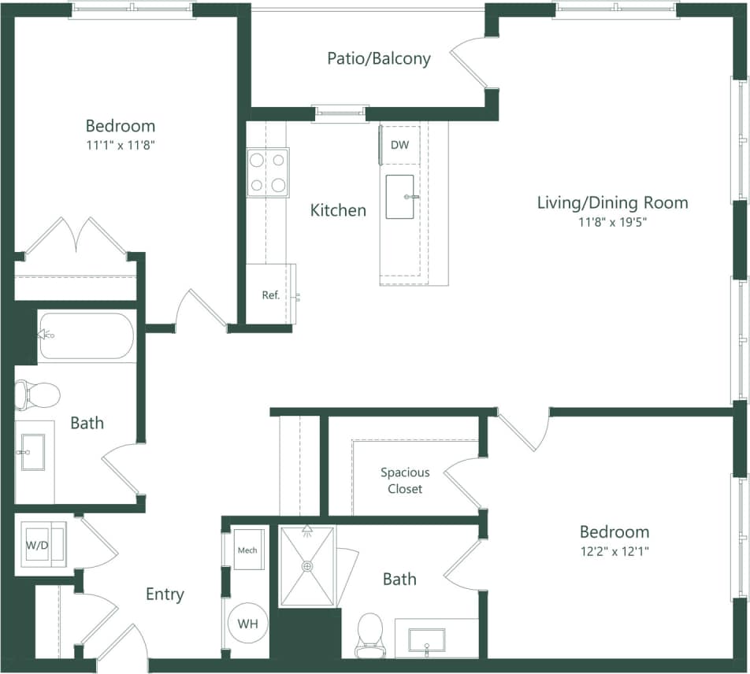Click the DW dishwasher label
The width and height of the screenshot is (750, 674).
point(399,145)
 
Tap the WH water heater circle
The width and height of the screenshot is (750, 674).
point(247,624)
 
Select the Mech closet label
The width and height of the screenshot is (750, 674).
point(247,550)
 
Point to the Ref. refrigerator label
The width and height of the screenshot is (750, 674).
point(271,295)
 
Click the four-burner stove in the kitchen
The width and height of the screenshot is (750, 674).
point(267,172)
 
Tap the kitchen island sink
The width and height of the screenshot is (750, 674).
point(403,197)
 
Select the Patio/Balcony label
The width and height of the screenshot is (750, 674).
point(379,58)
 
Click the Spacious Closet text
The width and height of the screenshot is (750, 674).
point(405,480)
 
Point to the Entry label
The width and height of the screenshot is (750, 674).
point(165,594)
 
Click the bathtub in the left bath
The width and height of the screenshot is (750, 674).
point(87,336)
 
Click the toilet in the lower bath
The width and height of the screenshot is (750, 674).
point(369,633)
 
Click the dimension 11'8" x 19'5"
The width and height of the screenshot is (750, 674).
point(612,222)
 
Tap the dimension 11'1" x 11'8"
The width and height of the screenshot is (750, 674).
point(120,145)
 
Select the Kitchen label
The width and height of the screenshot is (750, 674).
point(338,210)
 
